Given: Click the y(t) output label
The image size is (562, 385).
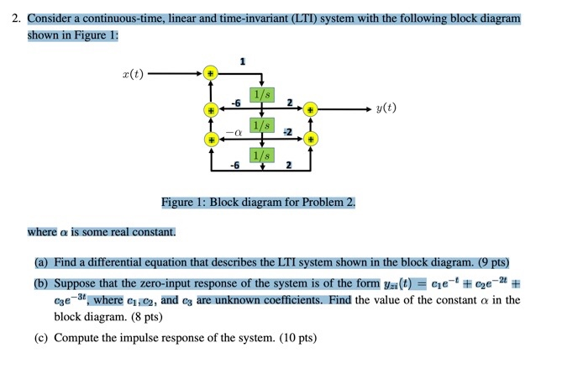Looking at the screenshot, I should pyautogui.click(x=386, y=108).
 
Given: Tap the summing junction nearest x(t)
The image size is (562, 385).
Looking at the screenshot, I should pyautogui.click(x=212, y=74).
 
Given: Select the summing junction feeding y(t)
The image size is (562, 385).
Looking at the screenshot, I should pyautogui.click(x=311, y=109).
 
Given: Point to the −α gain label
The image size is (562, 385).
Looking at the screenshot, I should pyautogui.click(x=237, y=133).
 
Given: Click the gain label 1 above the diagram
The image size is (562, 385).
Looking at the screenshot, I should pyautogui.click(x=243, y=61).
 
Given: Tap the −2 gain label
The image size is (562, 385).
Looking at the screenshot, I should pyautogui.click(x=287, y=132).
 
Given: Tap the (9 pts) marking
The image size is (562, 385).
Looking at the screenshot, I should pyautogui.click(x=488, y=261).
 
